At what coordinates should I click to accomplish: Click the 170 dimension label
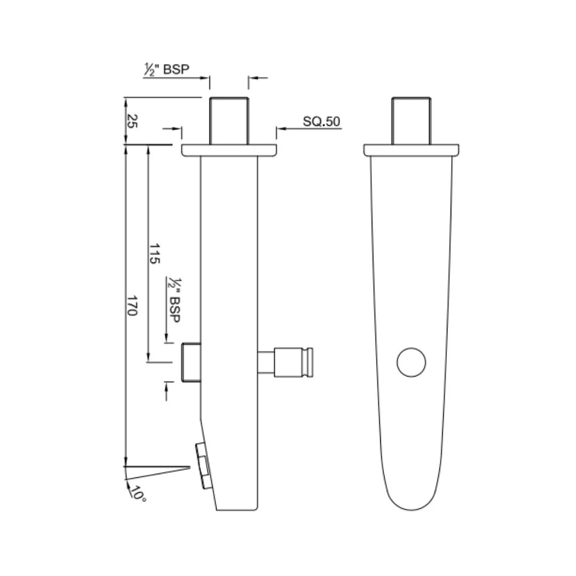132,305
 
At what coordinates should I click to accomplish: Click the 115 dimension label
154,253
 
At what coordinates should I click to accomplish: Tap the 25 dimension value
132,121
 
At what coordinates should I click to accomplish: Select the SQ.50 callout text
322,121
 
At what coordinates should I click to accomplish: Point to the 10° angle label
139,493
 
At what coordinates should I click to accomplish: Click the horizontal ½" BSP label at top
166,69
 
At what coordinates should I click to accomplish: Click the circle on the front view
411,362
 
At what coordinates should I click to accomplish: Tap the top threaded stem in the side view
229,121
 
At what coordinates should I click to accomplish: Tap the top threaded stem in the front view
411,121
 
